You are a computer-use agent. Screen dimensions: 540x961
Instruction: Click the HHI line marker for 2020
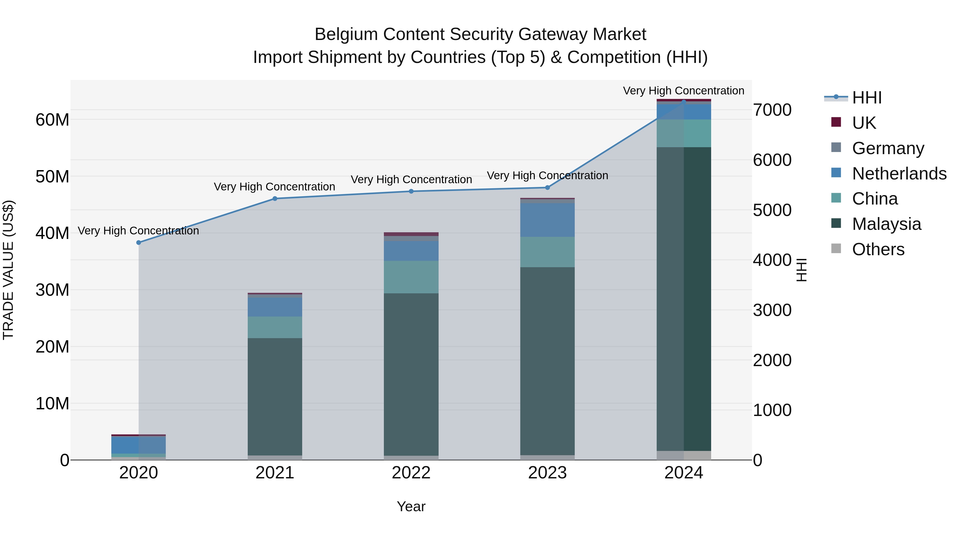(x=139, y=243)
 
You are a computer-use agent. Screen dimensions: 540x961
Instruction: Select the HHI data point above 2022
(x=411, y=191)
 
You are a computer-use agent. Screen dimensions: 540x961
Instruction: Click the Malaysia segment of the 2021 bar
(x=275, y=397)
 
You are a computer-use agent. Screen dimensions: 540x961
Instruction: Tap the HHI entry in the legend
(x=867, y=98)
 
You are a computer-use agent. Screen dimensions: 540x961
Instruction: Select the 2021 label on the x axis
(x=275, y=473)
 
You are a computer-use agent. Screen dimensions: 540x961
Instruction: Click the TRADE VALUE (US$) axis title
(x=8, y=270)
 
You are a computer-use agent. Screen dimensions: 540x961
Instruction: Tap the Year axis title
(x=411, y=506)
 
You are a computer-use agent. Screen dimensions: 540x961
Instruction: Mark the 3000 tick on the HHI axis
(x=772, y=310)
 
